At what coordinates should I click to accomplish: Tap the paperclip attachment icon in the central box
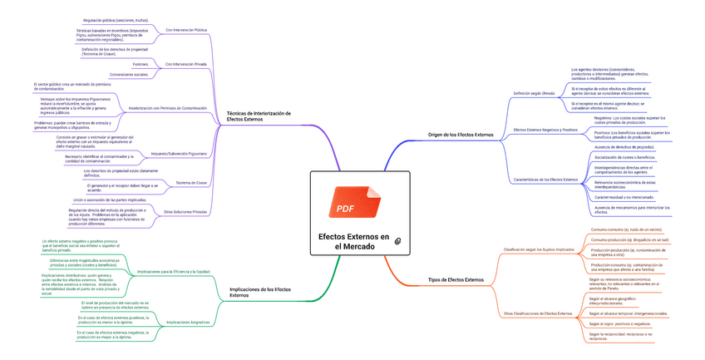point(398,240)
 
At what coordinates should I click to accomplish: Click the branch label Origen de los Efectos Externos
point(460,134)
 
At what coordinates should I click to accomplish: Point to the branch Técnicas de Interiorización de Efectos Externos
point(259,116)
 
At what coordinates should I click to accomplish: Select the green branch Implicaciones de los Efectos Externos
point(260,292)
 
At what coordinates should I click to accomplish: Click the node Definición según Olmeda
point(533,93)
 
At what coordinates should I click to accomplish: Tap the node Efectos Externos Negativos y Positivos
point(545,130)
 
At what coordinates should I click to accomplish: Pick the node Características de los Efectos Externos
point(546,180)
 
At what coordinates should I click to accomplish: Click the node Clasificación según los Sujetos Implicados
point(539,249)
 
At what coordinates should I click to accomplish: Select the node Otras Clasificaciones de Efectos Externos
point(538,313)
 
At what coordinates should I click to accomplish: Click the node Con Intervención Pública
point(186,30)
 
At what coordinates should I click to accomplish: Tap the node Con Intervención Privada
point(186,64)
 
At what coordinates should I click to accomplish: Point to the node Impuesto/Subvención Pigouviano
point(179,154)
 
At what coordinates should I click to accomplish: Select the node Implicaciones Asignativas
point(188,321)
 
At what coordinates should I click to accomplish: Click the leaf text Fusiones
point(141,62)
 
